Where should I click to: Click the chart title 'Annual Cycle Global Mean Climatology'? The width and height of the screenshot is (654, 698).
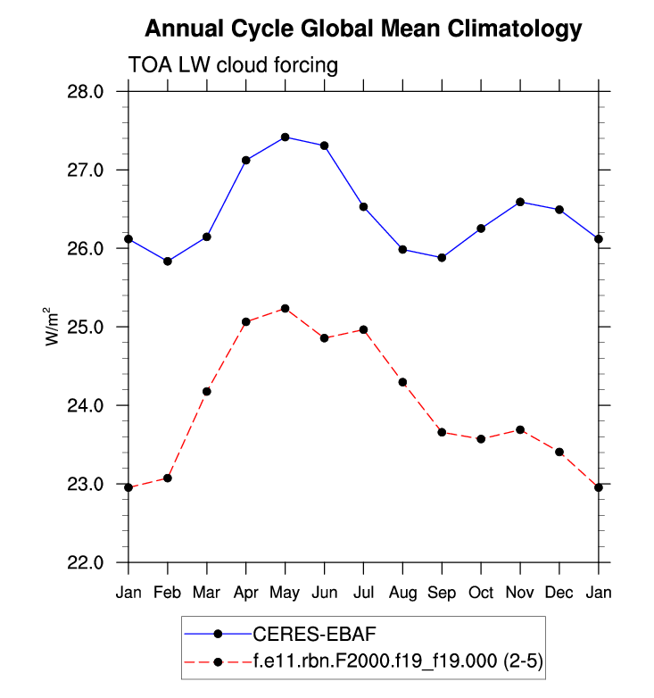[363, 29]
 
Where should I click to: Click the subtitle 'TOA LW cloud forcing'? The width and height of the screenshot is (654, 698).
[233, 65]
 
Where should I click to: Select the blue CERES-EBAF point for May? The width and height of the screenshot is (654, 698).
[285, 137]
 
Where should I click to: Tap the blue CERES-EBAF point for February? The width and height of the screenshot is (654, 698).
[168, 262]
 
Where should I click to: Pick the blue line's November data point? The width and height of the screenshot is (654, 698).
[520, 202]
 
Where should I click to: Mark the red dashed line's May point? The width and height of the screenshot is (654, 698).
[285, 309]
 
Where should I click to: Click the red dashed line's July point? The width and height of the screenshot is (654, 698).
[363, 330]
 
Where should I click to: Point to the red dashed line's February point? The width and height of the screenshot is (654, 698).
[168, 478]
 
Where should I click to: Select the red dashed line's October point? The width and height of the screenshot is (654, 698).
[481, 439]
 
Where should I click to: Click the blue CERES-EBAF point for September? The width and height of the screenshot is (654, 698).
[442, 258]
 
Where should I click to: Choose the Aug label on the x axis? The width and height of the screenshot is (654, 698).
[402, 593]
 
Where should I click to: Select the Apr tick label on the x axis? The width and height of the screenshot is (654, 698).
[245, 593]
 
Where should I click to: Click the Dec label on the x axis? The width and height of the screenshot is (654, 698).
[559, 593]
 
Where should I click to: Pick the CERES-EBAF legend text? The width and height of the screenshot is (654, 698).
[302, 634]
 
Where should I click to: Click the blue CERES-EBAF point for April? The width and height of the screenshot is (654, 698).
[245, 161]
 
